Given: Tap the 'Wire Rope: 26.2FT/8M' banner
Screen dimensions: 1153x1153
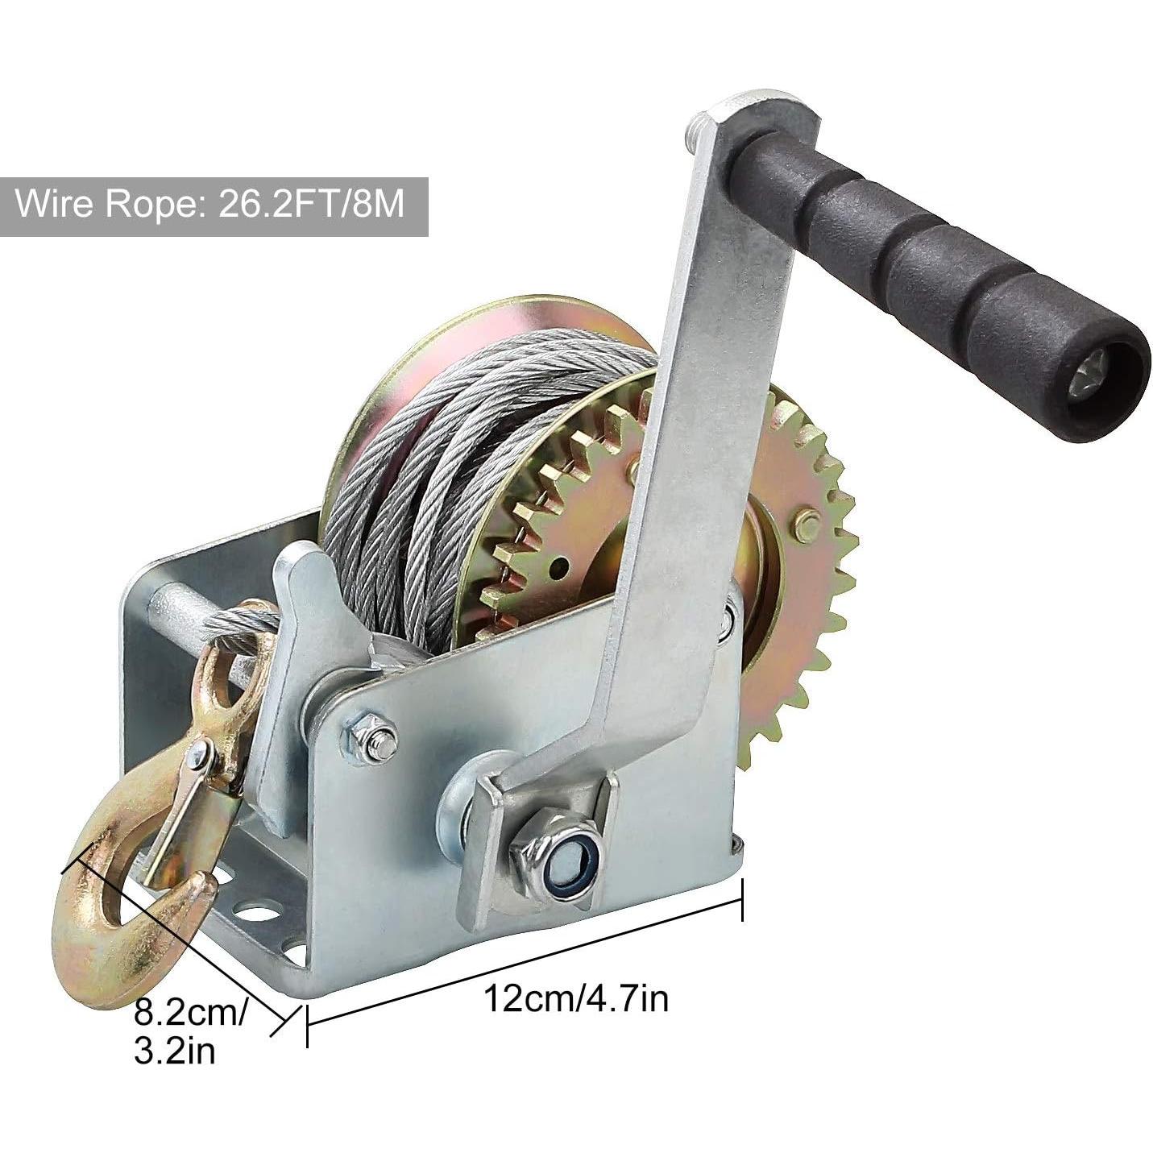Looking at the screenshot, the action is (x=214, y=206).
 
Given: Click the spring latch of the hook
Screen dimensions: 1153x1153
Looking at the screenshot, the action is (x=180, y=819).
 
